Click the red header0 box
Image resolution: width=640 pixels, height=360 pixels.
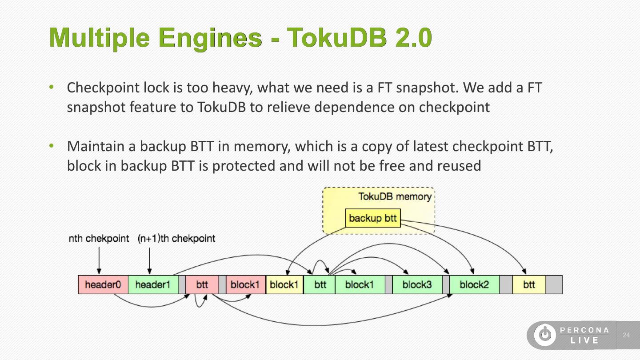tap(103, 284)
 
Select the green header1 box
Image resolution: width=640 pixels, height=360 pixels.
tap(153, 284)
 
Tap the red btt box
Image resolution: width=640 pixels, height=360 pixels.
tap(202, 284)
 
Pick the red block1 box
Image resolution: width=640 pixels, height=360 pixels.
tap(246, 284)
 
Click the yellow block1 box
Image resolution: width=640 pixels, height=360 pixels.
tap(284, 284)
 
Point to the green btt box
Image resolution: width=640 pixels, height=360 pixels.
tap(320, 284)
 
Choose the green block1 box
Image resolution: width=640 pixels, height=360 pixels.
tap(360, 284)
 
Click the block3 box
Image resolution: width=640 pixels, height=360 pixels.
tap(417, 284)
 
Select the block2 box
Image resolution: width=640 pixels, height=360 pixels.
tap(475, 284)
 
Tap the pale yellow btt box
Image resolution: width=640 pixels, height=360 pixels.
tap(529, 284)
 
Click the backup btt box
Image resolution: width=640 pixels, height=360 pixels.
tap(373, 218)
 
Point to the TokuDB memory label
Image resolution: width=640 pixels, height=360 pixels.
tap(395, 196)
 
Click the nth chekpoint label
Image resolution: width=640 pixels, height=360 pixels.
tap(99, 238)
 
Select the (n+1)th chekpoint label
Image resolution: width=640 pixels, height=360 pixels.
tap(176, 238)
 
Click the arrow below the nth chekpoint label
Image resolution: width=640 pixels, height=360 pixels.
tap(99, 260)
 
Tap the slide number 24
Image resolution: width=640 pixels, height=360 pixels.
tap(626, 335)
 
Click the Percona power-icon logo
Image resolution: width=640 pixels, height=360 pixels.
tap(545, 335)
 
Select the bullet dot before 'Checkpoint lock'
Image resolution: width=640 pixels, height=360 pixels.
tap(52, 87)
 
